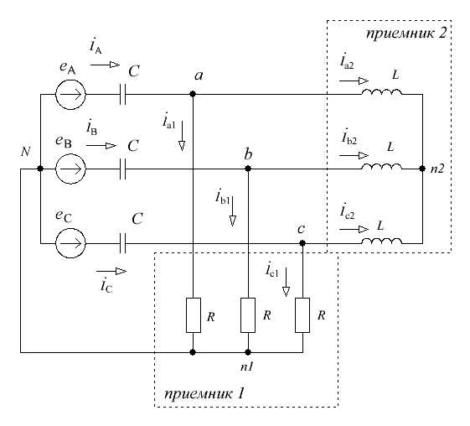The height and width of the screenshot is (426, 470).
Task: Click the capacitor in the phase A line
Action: (x=122, y=94)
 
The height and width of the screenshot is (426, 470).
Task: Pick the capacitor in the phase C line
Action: (x=122, y=243)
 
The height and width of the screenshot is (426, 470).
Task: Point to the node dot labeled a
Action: (x=193, y=94)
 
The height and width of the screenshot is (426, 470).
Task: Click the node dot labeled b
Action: (x=248, y=169)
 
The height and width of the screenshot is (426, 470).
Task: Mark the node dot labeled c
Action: (x=302, y=243)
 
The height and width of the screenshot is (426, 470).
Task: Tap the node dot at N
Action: (x=40, y=169)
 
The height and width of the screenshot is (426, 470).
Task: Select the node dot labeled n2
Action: (x=422, y=169)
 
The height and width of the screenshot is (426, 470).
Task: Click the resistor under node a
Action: (x=194, y=315)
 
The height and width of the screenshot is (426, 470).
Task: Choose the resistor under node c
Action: (x=302, y=315)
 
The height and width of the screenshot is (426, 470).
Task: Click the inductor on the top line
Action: (x=381, y=91)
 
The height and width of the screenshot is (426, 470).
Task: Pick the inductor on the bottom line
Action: (x=381, y=241)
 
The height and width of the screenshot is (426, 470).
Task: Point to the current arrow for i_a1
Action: (x=182, y=136)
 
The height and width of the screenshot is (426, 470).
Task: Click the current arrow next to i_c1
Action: (x=286, y=283)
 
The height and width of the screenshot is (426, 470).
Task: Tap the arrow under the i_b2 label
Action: (x=354, y=156)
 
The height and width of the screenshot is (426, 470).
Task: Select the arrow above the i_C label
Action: (x=111, y=271)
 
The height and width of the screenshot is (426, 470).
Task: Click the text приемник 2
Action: (x=406, y=34)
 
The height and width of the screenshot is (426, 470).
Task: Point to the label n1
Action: (x=247, y=366)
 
